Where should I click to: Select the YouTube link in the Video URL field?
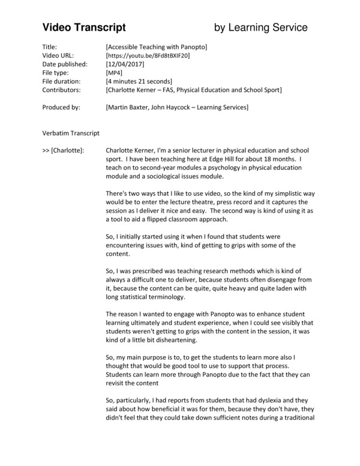click(147, 55)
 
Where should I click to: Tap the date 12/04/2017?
click(125, 64)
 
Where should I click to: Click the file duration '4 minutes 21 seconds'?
click(139, 81)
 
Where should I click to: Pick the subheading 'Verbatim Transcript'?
click(71, 132)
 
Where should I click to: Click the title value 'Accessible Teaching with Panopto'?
click(156, 47)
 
